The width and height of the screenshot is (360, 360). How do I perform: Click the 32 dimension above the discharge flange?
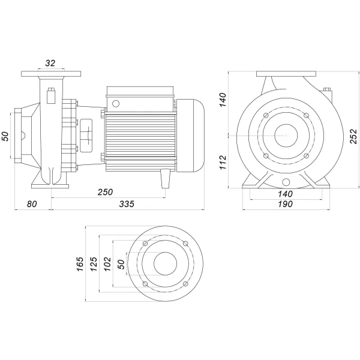coord(50,63)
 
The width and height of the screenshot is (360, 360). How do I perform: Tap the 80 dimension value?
coord(32,204)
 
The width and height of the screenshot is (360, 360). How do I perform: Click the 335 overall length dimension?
coord(126,204)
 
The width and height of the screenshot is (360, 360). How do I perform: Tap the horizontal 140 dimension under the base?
coord(285,193)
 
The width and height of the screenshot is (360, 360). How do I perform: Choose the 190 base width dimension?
coord(285,204)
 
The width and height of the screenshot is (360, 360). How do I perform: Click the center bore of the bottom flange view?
coord(165,264)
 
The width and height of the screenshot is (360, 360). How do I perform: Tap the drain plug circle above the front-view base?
coord(285,182)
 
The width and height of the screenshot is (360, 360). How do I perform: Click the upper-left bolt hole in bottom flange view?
coord(146,244)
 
